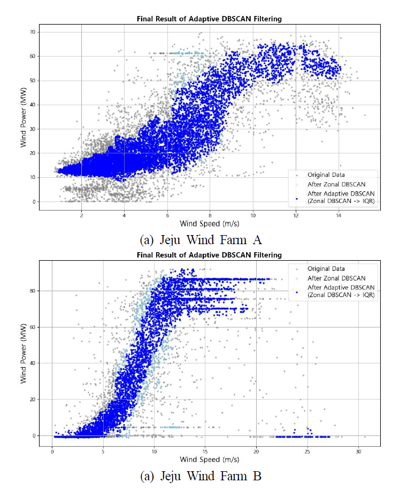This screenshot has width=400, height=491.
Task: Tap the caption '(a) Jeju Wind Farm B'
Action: pos(201,476)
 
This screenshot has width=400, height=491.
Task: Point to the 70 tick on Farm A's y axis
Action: pos(33,32)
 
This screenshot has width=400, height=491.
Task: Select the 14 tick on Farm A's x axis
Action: pos(339,215)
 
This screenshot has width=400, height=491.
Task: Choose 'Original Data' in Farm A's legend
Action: pos(326,174)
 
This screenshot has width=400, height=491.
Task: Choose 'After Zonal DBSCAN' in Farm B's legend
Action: pos(330,278)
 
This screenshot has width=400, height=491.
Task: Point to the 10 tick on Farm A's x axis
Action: pos(253,215)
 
